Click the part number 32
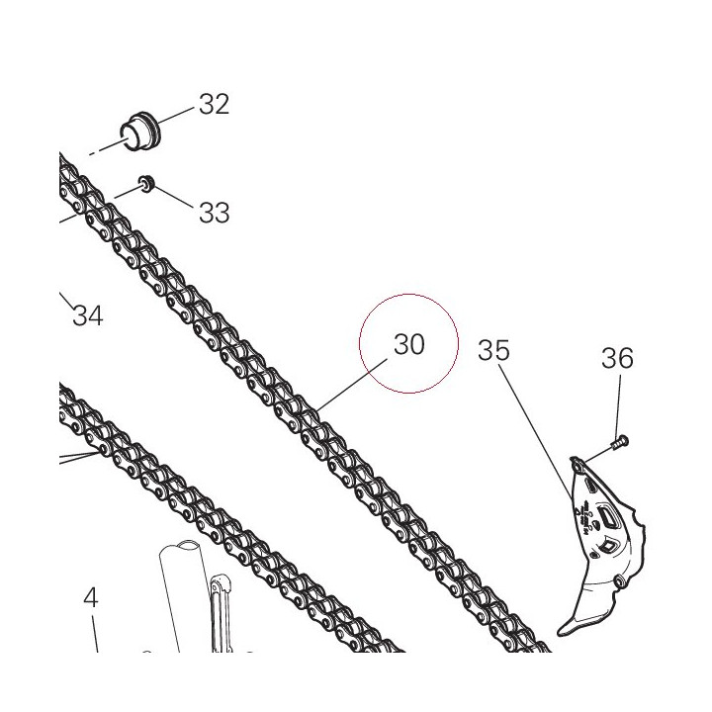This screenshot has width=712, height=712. (215, 105)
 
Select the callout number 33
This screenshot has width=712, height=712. (215, 212)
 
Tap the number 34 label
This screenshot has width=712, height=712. (88, 315)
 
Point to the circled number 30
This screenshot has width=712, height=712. (409, 344)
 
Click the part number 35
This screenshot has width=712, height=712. (494, 350)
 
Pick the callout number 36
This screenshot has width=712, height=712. (617, 358)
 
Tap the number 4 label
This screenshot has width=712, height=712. (91, 597)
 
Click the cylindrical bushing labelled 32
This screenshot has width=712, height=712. (140, 131)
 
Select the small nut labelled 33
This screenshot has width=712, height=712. (146, 184)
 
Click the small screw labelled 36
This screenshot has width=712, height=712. (619, 442)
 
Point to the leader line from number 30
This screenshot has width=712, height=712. (352, 385)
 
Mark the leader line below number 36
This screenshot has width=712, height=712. (618, 404)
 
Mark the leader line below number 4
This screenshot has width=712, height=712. (95, 634)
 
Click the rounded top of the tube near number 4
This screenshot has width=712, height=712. (179, 545)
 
